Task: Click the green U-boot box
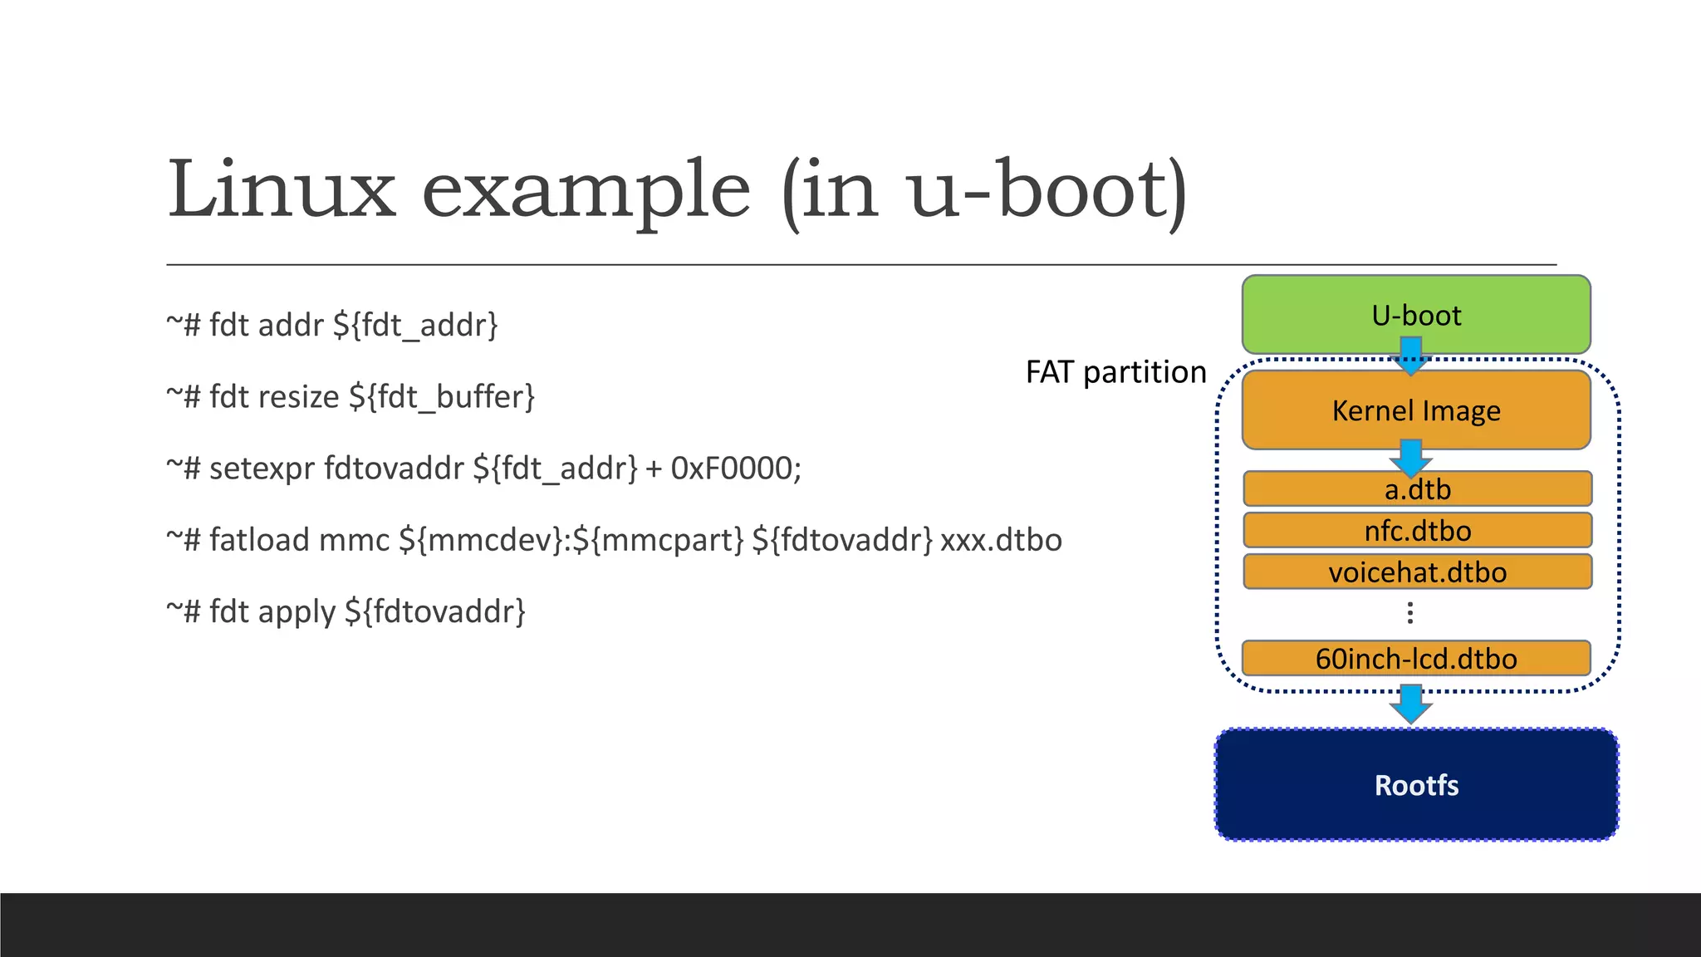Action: click(x=1415, y=314)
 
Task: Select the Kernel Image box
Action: click(x=1415, y=410)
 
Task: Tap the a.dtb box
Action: click(x=1417, y=489)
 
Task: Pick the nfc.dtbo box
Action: click(x=1417, y=530)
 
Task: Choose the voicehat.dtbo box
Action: click(x=1417, y=572)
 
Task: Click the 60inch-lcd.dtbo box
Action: click(x=1415, y=659)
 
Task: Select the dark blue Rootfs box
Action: click(x=1415, y=785)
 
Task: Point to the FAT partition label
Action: click(x=1115, y=371)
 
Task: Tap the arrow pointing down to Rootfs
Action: click(x=1410, y=704)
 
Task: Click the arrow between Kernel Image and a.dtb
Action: click(x=1410, y=458)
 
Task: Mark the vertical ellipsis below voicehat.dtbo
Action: click(x=1409, y=613)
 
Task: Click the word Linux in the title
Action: click(x=282, y=190)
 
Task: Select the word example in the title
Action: click(x=586, y=193)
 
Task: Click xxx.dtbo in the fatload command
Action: click(x=1001, y=540)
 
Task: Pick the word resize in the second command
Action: click(x=297, y=397)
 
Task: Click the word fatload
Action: click(x=258, y=540)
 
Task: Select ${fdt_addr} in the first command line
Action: click(x=415, y=326)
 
